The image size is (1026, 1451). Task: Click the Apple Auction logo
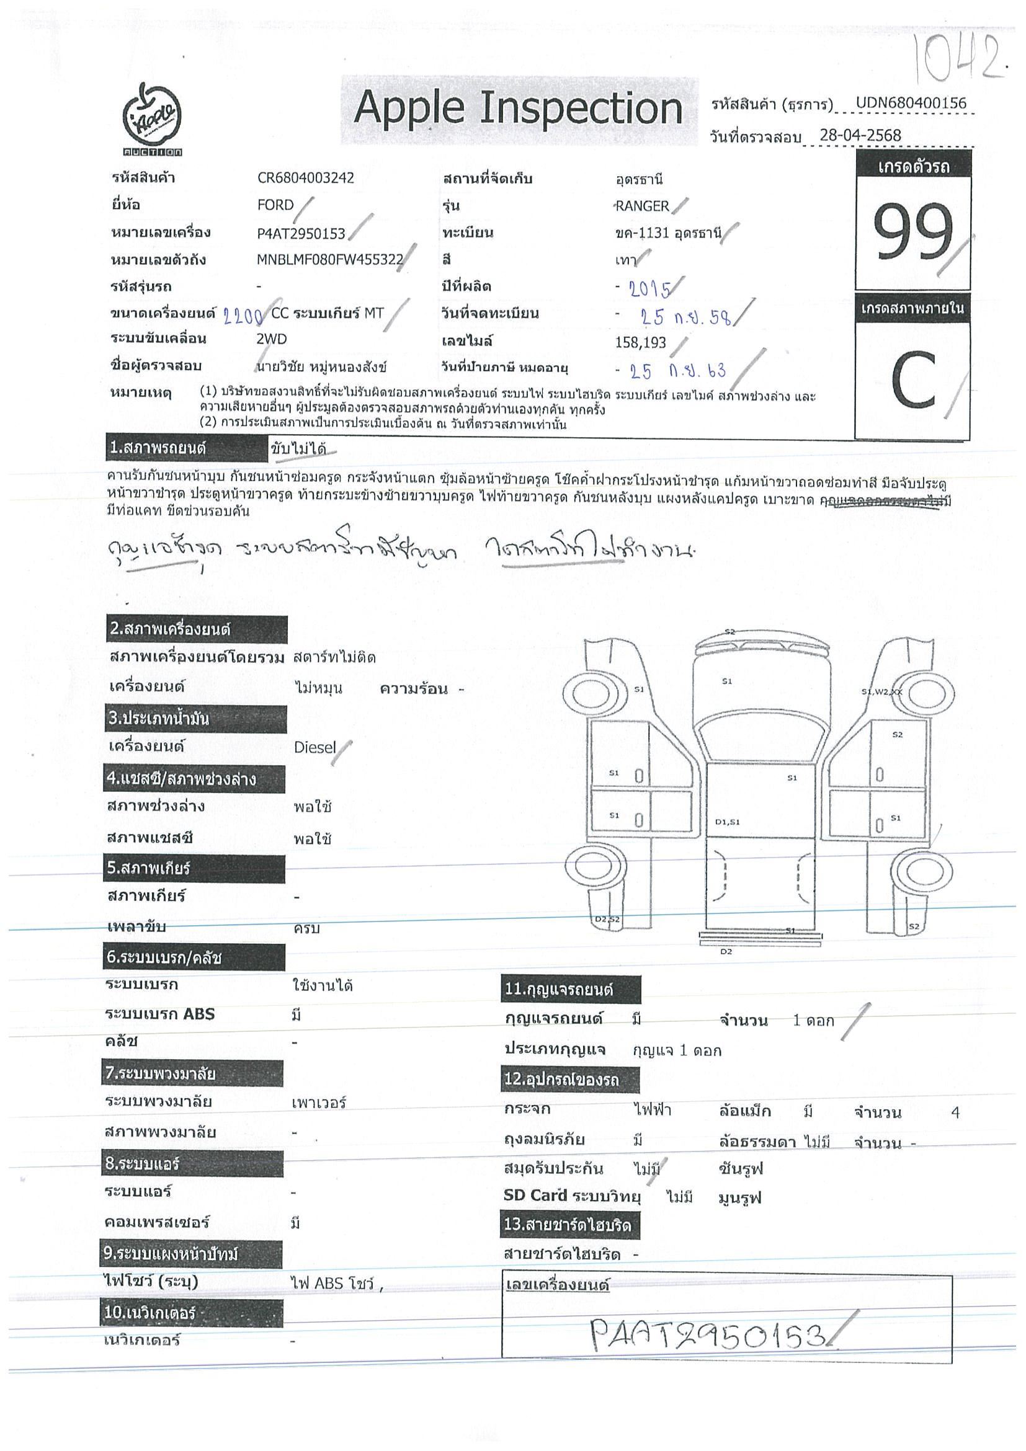[152, 120]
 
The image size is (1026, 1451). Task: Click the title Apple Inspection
[519, 109]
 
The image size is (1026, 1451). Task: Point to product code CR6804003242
[305, 177]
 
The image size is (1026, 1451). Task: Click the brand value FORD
[275, 205]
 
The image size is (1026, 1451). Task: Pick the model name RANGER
[642, 206]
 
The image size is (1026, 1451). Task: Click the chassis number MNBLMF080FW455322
[329, 260]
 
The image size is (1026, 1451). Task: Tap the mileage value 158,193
[640, 342]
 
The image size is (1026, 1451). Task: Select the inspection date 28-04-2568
[860, 135]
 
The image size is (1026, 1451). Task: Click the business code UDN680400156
[911, 103]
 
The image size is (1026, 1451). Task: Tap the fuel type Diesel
[315, 748]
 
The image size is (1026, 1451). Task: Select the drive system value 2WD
[271, 339]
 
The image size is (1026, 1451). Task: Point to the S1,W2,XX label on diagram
[881, 691]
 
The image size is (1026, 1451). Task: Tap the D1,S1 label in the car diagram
[727, 822]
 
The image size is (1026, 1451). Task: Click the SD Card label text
[535, 1195]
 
